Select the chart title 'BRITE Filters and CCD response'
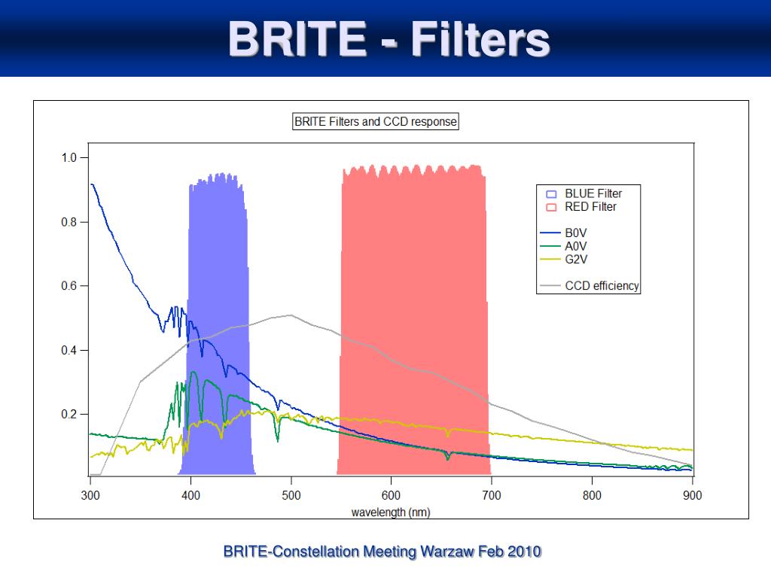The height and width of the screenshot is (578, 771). coord(375,122)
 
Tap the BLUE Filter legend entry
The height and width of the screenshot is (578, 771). coord(593,193)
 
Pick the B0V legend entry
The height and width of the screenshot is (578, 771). coord(576,233)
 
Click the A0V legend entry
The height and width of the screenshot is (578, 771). coord(576,245)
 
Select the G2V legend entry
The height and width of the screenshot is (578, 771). coord(576,258)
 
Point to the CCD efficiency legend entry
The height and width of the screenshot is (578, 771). coord(602,285)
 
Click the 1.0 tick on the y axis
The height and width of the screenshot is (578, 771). coord(69,158)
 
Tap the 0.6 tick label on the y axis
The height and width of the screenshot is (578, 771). coord(69,286)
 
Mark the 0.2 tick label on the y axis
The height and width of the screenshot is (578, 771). coord(69,414)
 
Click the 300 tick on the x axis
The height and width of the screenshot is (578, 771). coord(90,495)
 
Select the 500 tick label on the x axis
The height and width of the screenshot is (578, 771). coord(291,495)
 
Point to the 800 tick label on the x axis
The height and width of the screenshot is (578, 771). coord(593,495)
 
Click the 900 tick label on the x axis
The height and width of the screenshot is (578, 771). coord(693,495)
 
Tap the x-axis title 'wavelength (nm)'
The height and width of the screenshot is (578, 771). coord(391,512)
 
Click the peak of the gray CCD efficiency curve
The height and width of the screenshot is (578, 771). coord(291,315)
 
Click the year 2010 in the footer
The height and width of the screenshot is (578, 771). coord(525,552)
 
